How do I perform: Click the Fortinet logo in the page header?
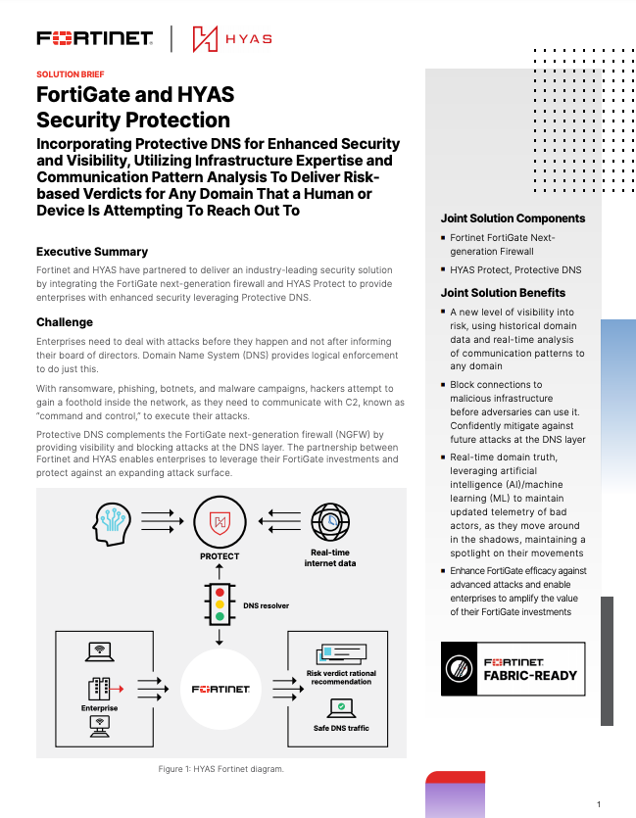tap(94, 39)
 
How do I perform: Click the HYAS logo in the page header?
tap(232, 39)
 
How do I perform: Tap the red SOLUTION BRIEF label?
tap(70, 74)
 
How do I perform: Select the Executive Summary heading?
tap(92, 252)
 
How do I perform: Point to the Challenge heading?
tap(65, 321)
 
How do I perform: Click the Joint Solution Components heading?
tap(513, 218)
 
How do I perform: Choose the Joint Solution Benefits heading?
tap(503, 292)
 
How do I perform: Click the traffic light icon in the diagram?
tap(220, 605)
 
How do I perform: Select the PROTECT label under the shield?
tap(220, 556)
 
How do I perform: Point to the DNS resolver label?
tap(266, 606)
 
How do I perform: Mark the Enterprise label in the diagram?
tap(99, 708)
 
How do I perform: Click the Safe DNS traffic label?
tap(341, 728)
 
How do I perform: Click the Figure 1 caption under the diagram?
tap(220, 769)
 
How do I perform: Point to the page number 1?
tap(598, 802)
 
